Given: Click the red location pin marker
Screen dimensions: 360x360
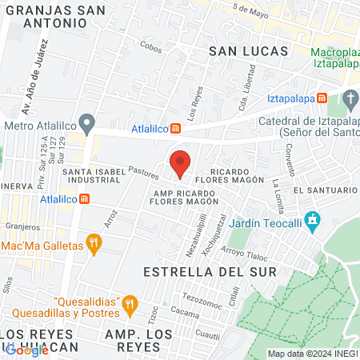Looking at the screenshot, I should point(180,163).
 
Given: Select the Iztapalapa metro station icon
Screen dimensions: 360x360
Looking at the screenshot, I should point(321,98).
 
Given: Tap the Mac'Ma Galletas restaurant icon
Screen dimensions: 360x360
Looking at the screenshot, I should point(94,244).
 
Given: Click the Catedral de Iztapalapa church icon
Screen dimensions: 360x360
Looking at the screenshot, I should point(350,99).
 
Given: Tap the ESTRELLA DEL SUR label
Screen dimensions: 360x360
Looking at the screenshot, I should point(209,272).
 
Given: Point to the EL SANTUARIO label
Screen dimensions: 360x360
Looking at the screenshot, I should point(325,190).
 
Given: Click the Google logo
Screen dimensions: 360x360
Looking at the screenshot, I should point(26,350).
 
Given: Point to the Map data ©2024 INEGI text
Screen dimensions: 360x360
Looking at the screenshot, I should point(312,354).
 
